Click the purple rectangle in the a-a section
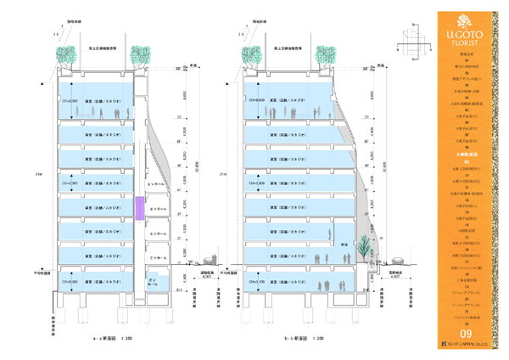tap(139, 208)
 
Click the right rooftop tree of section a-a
tap(139, 55)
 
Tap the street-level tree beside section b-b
tap(363, 246)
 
